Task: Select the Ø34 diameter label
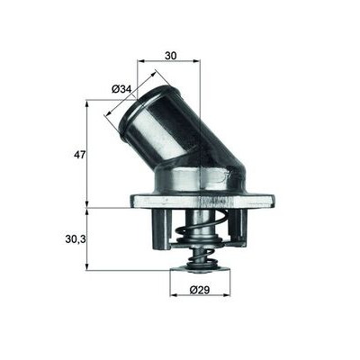(121, 89)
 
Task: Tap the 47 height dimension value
(80, 155)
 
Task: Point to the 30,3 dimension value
(76, 239)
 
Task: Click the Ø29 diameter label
(200, 290)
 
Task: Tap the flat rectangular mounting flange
(202, 202)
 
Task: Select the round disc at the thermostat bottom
(200, 270)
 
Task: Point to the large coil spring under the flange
(200, 227)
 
